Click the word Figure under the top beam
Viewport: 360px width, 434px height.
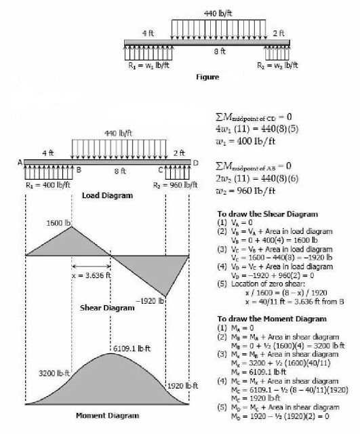[207, 77]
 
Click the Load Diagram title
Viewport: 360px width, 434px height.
[107, 195]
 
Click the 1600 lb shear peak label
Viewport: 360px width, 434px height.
[59, 222]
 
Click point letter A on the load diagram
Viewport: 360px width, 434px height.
[20, 162]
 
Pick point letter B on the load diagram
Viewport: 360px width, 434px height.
[79, 170]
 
